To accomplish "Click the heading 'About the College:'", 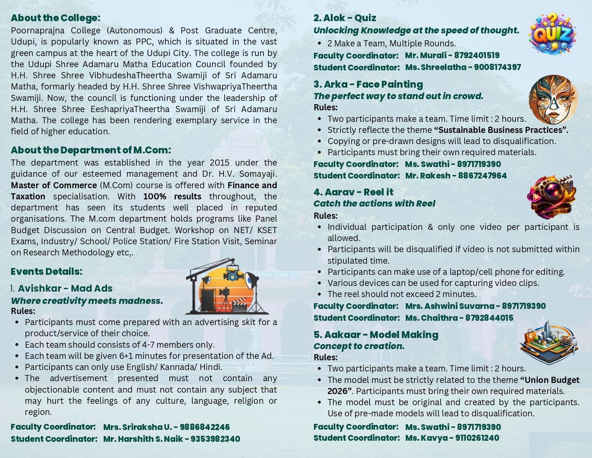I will [56, 18].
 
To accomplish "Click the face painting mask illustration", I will [553, 100].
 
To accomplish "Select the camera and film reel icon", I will [551, 197].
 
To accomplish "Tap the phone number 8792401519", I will [476, 55].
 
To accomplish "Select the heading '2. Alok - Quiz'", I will [345, 18].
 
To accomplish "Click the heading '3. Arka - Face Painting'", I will [368, 84].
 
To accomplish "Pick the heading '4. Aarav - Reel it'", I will [353, 192].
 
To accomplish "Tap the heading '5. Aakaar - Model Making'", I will [376, 335].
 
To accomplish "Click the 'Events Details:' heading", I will [47, 272].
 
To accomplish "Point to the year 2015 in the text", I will [219, 163].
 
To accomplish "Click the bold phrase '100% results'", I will [172, 196].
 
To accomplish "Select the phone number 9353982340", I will [215, 439].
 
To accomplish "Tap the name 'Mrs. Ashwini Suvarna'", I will [450, 306].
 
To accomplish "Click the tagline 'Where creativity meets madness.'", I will [87, 301].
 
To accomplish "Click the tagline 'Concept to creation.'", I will [359, 346].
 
